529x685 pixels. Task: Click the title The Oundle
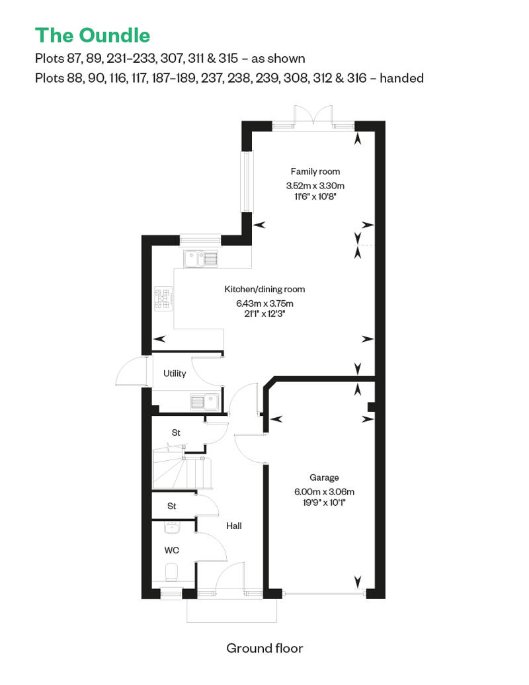[93, 34]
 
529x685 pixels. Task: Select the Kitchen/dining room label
[264, 290]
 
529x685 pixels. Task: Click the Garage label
[324, 477]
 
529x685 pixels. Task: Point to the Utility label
[175, 374]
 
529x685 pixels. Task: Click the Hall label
[234, 526]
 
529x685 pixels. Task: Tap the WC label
[172, 550]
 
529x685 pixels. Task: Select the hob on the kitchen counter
[163, 298]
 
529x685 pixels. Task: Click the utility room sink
[204, 401]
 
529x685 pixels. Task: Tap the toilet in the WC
[172, 571]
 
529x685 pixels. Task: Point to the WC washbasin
[171, 528]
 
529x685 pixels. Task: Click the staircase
[183, 471]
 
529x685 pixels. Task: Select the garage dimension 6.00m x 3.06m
[325, 491]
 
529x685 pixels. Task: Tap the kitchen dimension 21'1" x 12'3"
[264, 315]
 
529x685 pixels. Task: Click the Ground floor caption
[264, 648]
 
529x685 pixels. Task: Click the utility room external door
[131, 372]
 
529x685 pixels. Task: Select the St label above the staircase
[176, 432]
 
